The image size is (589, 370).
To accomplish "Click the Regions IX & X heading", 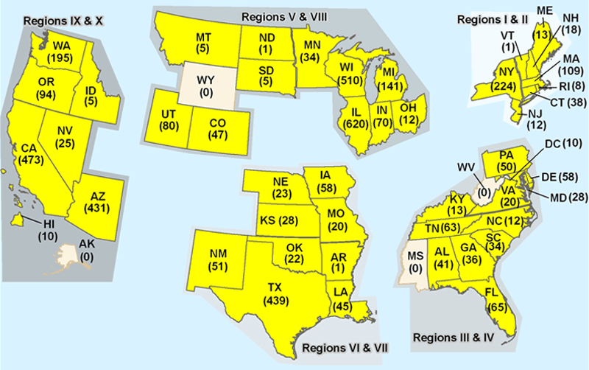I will tap(63, 20).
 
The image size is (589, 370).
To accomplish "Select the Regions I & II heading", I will tap(485, 18).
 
